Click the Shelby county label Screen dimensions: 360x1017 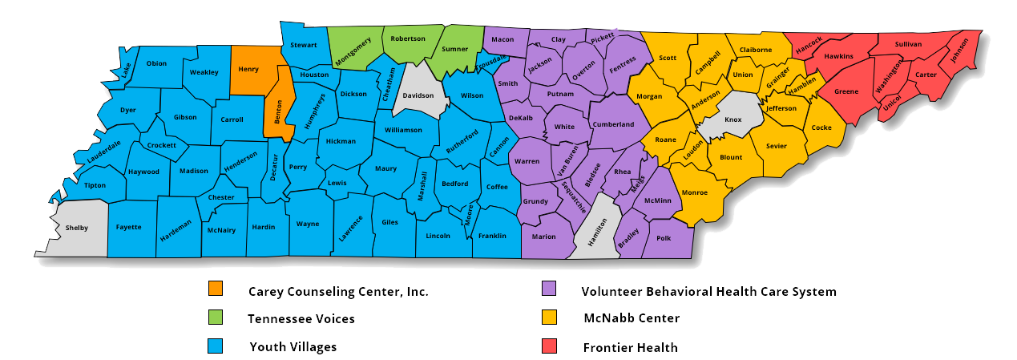pos(76,229)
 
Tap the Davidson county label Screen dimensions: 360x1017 pos(418,95)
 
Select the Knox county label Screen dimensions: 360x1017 pos(733,119)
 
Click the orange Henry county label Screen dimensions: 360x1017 pos(248,70)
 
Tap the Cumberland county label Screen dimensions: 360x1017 pos(613,124)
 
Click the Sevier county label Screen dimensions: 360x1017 pos(776,146)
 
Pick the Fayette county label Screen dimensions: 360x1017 pos(128,227)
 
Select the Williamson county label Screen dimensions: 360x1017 pos(403,130)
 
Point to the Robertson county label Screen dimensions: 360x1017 pos(408,38)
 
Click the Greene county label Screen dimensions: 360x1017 pos(846,91)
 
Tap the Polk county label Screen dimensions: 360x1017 pos(663,238)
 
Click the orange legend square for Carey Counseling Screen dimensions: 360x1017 pos(215,289)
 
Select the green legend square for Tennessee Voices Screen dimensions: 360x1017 pos(215,318)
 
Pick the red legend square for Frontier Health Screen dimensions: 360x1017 pos(549,346)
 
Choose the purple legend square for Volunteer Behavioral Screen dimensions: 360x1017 pos(549,289)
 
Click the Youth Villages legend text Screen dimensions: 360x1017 pos(293,347)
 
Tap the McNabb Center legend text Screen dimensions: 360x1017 pos(631,318)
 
